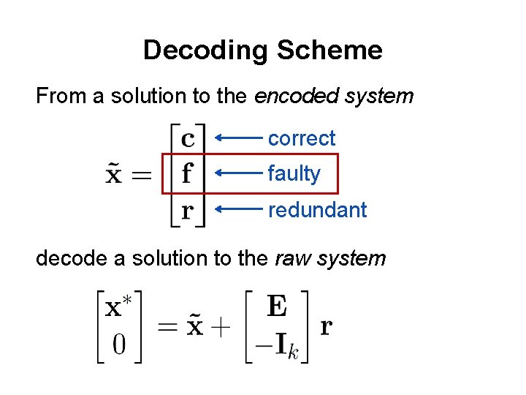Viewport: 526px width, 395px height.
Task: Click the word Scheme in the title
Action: coord(329,50)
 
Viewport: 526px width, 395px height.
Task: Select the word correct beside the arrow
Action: coord(302,138)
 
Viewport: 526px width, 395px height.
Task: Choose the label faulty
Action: coord(294,174)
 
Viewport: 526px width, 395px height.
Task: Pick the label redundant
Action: coord(317,210)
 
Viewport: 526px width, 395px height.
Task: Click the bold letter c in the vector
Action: coord(187,138)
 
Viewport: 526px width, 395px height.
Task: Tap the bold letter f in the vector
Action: coord(187,173)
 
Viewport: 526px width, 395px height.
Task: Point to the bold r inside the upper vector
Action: coord(187,211)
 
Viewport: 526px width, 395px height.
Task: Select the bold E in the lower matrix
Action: coord(277,306)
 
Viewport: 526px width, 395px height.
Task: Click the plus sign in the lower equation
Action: coord(218,326)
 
